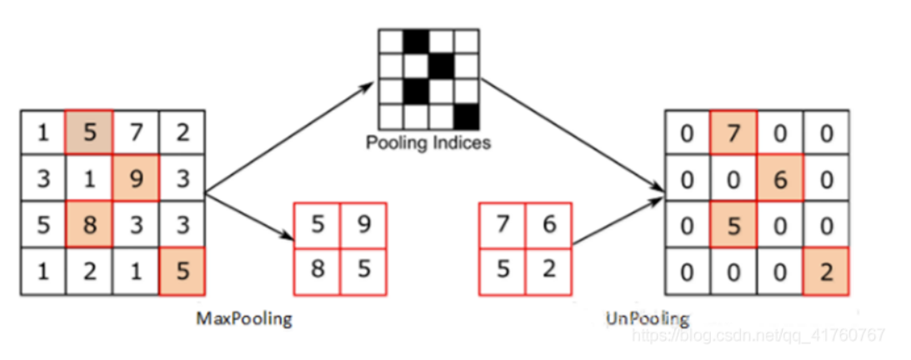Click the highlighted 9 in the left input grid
click(136, 179)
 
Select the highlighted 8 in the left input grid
click(89, 225)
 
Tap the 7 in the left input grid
click(136, 133)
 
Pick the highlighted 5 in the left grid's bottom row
click(183, 271)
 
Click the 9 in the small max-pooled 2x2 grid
click(363, 224)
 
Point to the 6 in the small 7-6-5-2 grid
click(548, 224)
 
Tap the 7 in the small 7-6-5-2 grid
click(503, 224)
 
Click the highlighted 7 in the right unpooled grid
click(733, 133)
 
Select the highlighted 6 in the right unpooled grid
click(780, 179)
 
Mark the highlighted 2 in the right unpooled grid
click(826, 272)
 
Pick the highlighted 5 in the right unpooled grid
click(733, 226)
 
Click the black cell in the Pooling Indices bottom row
click(467, 117)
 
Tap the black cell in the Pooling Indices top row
click(417, 41)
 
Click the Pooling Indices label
click(428, 142)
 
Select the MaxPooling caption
click(244, 319)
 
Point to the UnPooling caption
click(648, 319)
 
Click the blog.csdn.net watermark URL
click(758, 335)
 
